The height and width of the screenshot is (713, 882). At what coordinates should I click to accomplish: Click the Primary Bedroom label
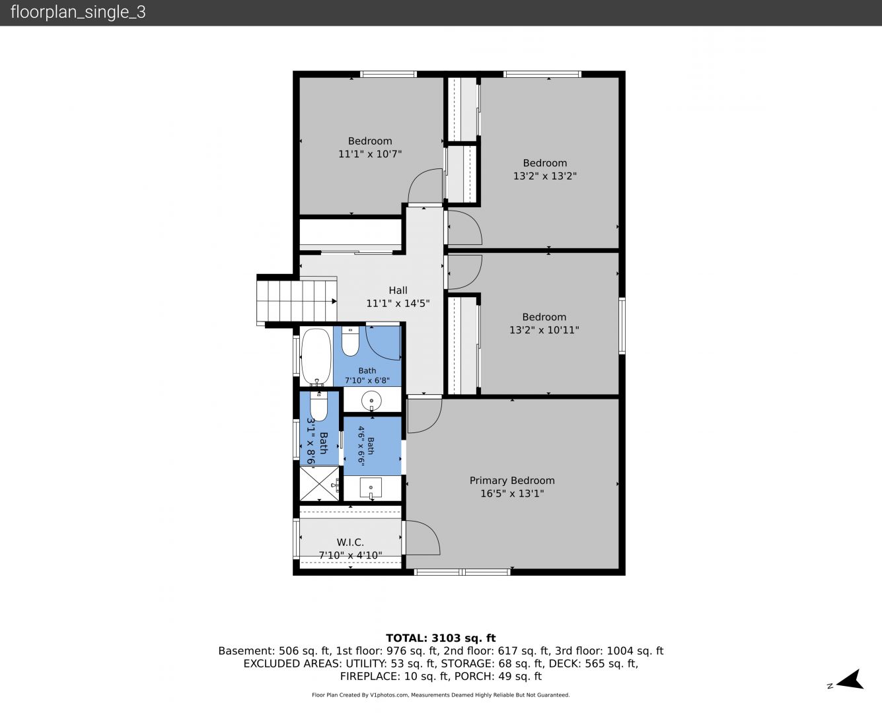512,481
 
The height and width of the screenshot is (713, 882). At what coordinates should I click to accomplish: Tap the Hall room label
398,290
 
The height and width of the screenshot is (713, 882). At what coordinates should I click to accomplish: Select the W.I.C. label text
350,542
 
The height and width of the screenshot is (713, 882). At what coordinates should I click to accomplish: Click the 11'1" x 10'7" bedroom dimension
370,154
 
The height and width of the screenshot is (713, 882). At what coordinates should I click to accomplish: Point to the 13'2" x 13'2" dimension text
545,176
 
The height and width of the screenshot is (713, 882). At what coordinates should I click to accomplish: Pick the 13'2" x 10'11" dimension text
544,330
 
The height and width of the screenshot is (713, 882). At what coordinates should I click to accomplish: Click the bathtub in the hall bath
316,356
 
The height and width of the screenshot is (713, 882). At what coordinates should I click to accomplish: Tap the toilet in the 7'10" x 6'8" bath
350,341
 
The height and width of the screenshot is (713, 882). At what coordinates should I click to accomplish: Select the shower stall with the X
319,483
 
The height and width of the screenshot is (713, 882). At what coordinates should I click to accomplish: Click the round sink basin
371,401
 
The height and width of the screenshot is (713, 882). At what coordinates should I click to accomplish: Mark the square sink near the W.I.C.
371,488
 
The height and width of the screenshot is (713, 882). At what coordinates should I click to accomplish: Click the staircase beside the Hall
297,301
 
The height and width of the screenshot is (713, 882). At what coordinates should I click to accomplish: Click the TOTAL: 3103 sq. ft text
441,638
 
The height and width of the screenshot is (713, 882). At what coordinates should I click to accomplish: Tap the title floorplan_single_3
78,12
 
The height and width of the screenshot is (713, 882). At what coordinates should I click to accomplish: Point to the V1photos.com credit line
441,695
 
